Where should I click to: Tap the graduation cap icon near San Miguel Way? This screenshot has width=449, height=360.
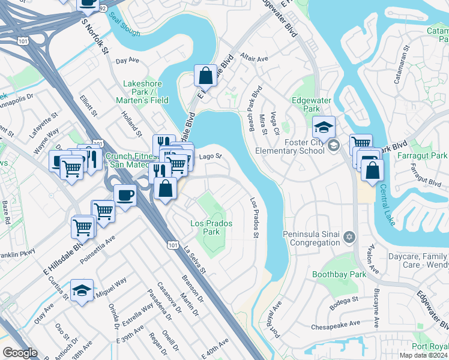coord(82,290)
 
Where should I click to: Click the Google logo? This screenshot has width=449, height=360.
coord(20,353)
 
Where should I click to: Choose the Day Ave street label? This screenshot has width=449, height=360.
coord(127,61)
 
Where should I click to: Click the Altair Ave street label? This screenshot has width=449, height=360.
coord(254,59)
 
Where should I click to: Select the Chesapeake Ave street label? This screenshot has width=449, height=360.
coord(336,326)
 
